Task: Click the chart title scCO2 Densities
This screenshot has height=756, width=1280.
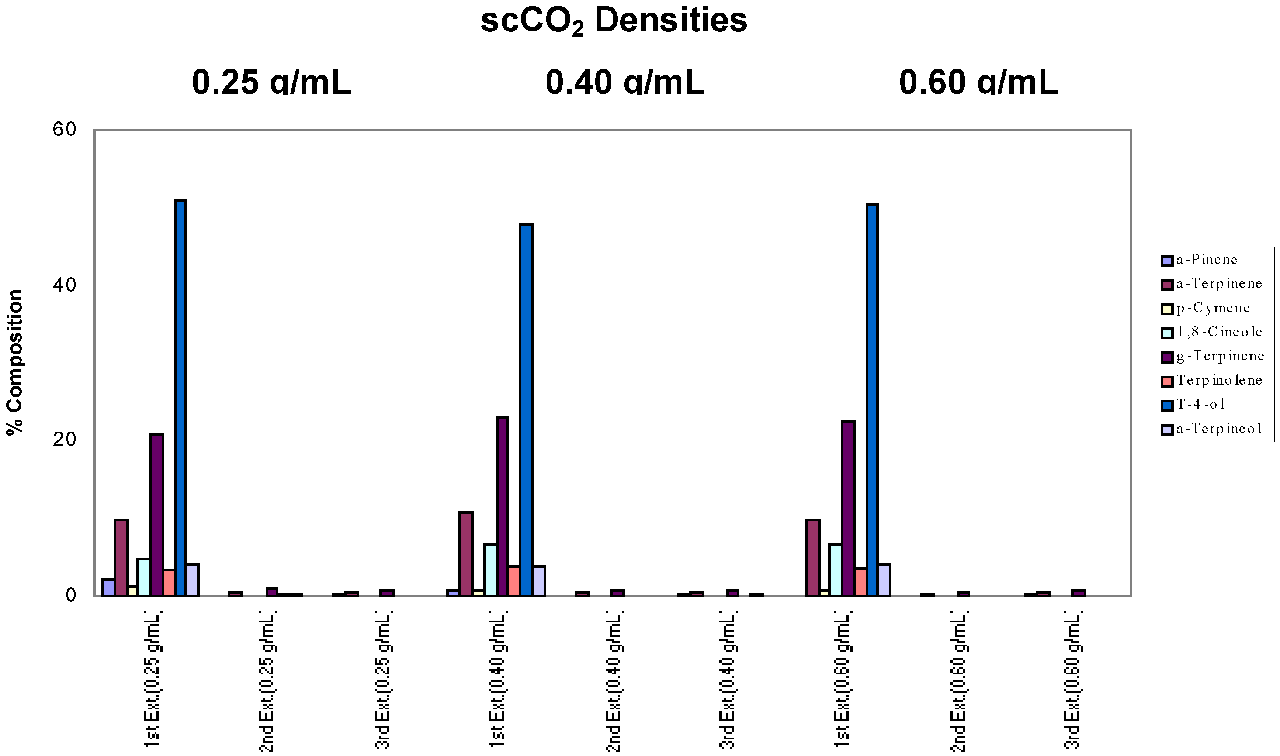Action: pos(613,21)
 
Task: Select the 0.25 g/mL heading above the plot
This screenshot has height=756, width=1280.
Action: pos(271,83)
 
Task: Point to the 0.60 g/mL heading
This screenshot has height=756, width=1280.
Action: pos(978,83)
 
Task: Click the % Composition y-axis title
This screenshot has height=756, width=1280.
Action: pos(15,362)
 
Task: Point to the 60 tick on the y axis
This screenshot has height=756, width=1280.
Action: pos(64,130)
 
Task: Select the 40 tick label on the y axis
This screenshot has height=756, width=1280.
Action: pos(64,285)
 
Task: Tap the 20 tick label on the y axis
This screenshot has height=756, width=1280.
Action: pos(64,440)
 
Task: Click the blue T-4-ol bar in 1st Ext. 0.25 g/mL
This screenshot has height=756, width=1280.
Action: pos(180,397)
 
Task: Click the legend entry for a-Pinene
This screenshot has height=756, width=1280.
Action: pos(1206,260)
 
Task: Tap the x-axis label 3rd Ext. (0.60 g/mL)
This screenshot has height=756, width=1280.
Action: pos(1073,683)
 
